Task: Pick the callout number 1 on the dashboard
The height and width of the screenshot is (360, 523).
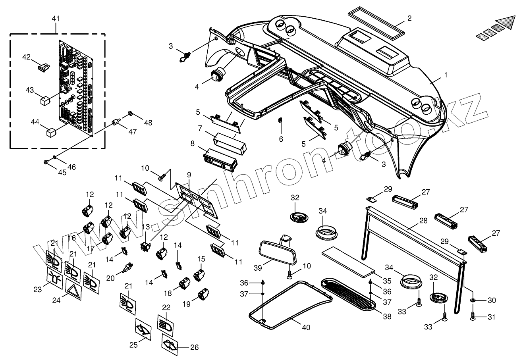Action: click(x=445, y=74)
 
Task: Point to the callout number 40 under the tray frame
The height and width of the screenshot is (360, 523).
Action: click(x=306, y=327)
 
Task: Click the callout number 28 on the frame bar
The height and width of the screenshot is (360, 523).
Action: click(x=412, y=221)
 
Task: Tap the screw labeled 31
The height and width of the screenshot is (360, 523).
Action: click(x=473, y=317)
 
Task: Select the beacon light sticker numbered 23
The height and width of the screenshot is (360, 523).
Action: click(x=55, y=276)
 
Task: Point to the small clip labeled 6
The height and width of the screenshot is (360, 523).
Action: click(x=280, y=120)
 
